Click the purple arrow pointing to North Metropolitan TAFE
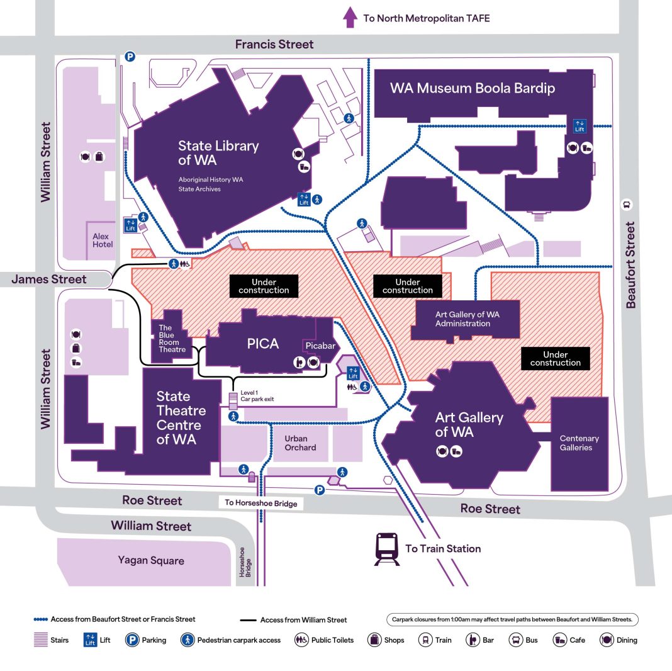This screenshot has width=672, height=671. click(x=350, y=17)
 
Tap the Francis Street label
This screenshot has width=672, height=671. click(x=274, y=44)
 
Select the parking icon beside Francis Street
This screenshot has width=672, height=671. click(x=130, y=56)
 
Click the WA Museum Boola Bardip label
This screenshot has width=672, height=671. click(x=472, y=87)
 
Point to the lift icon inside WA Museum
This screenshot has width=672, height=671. click(x=580, y=126)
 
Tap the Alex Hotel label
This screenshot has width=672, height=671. click(x=103, y=240)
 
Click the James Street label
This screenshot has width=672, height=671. click(x=49, y=279)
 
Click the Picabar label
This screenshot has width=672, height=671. click(x=320, y=346)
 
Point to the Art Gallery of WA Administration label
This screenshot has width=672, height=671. click(x=462, y=319)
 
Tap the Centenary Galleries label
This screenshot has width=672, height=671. click(x=579, y=443)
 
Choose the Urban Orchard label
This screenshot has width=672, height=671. click(x=300, y=443)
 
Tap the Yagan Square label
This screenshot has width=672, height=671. click(x=150, y=560)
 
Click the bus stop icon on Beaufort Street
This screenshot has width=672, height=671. click(x=627, y=204)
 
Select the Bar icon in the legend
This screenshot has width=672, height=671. click(x=473, y=640)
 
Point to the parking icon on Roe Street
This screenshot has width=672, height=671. click(x=320, y=490)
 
